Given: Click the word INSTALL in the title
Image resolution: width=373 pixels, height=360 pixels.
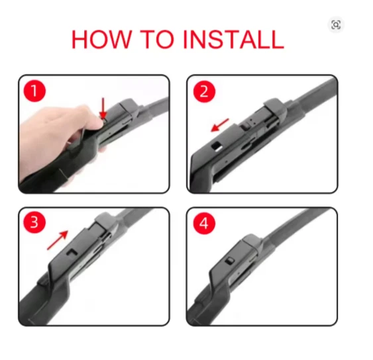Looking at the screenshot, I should [233, 40].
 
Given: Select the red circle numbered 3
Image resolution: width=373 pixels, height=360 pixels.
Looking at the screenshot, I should [34, 223].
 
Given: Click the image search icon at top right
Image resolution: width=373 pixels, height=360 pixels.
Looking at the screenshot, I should [336, 25].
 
